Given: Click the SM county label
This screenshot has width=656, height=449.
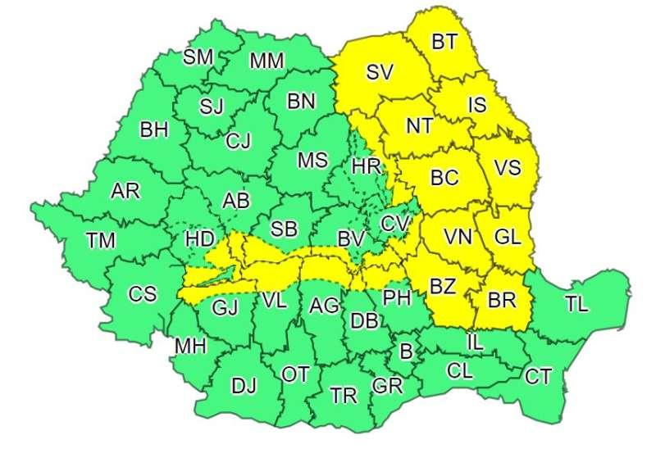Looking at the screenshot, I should pyautogui.click(x=198, y=57).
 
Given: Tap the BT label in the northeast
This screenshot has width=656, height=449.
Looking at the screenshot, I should pyautogui.click(x=444, y=43).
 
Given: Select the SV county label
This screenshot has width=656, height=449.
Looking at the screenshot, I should pyautogui.click(x=380, y=72).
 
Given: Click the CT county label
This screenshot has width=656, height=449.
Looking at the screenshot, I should pyautogui.click(x=539, y=376).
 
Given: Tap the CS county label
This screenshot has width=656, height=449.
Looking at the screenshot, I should pyautogui.click(x=142, y=293).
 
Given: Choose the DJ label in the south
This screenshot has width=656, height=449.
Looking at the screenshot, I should pyautogui.click(x=244, y=386).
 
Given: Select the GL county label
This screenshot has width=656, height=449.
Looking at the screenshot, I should pyautogui.click(x=508, y=238).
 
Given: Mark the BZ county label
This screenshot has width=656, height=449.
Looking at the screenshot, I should pyautogui.click(x=444, y=287).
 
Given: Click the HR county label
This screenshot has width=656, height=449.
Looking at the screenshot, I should pyautogui.click(x=366, y=166).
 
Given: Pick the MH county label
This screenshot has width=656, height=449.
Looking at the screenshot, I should pyautogui.click(x=190, y=347).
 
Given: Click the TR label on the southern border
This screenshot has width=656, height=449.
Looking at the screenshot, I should pyautogui.click(x=344, y=397).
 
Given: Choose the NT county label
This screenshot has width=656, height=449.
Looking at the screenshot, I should pyautogui.click(x=420, y=126).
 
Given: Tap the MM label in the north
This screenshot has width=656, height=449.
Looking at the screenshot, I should pyautogui.click(x=266, y=60).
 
